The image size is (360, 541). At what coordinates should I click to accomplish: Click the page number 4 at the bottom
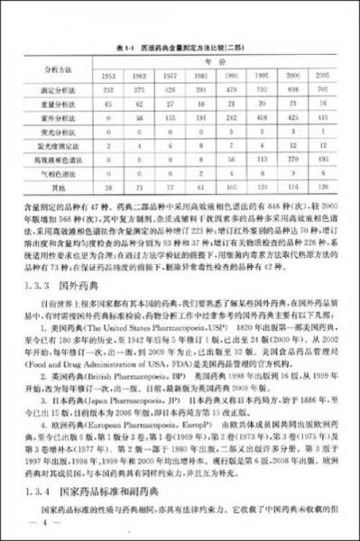37,521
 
